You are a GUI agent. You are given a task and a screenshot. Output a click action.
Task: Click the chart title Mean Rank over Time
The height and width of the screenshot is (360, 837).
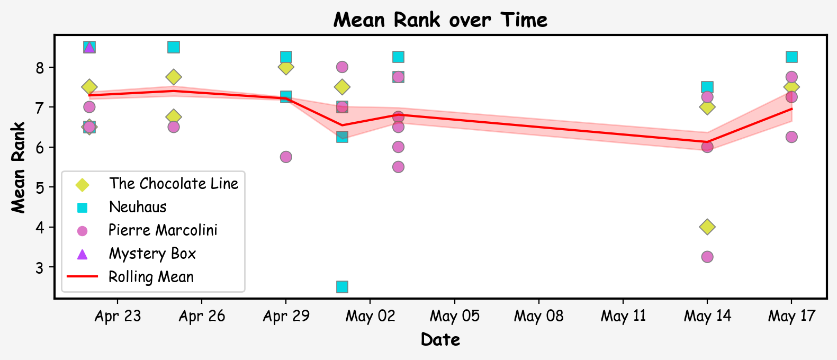point(440,20)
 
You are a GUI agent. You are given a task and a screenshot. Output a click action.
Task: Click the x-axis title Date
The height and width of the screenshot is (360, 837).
point(440,339)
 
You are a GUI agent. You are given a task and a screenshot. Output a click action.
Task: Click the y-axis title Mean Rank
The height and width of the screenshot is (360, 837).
point(19,167)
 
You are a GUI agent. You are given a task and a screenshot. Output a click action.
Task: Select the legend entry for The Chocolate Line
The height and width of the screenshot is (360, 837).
point(173,184)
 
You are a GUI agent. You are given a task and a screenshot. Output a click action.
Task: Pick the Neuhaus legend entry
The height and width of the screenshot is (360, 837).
point(138,207)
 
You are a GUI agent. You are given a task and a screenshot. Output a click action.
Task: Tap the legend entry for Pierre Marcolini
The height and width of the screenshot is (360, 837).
point(163,230)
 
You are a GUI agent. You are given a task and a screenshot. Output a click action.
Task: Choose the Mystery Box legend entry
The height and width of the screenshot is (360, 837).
point(152,254)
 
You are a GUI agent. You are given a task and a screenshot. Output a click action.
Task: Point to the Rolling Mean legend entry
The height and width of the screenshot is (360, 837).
point(151,277)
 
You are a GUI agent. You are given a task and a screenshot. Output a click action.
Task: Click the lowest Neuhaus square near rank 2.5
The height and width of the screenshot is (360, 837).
point(342,287)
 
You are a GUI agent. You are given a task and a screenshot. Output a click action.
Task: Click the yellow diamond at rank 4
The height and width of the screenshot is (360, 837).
point(707,227)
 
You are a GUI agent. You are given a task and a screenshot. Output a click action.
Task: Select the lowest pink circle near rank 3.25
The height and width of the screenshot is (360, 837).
point(707,257)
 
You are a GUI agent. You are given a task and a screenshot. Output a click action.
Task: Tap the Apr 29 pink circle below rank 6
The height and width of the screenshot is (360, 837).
point(286,157)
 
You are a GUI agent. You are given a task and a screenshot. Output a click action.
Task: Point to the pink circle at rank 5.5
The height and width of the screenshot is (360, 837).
point(398,167)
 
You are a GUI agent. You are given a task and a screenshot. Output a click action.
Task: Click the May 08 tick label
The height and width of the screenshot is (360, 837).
point(538,317)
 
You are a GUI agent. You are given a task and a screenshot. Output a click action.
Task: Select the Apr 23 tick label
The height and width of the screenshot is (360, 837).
point(118,317)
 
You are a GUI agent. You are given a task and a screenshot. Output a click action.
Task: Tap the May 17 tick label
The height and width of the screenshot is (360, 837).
point(791,317)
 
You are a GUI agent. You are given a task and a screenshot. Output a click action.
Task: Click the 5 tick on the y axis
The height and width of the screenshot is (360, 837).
point(39,187)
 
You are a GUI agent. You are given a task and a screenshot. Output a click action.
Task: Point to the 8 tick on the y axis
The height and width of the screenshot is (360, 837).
point(39,68)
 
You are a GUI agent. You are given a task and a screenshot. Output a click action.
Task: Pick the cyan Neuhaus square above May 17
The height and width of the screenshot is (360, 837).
point(791,57)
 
